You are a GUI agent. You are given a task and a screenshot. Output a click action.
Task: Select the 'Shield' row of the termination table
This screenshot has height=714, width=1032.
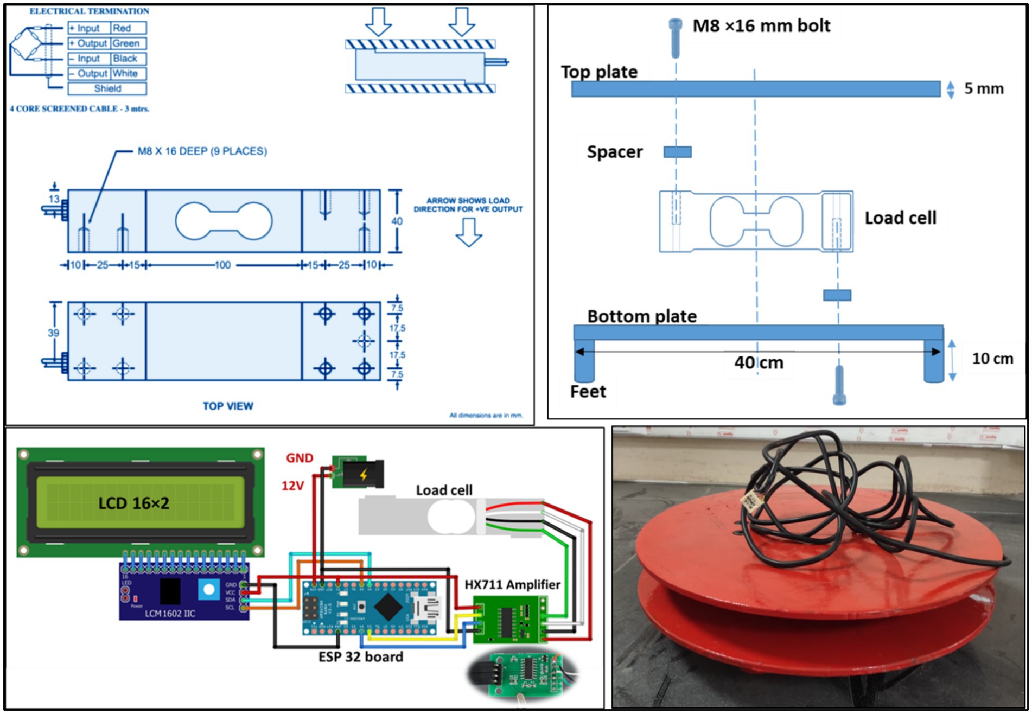pyautogui.click(x=107, y=88)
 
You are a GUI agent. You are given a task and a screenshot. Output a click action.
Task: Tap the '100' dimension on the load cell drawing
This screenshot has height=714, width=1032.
pyautogui.click(x=223, y=265)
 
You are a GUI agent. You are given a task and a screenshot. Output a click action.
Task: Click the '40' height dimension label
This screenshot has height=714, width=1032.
pyautogui.click(x=397, y=221)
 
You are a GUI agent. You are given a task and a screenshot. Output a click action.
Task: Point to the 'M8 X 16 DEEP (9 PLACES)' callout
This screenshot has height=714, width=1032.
pyautogui.click(x=202, y=151)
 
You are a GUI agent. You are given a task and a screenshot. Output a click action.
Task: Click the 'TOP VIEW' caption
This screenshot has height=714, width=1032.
pyautogui.click(x=228, y=406)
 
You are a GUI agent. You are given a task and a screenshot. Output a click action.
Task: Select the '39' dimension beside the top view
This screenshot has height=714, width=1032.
pyautogui.click(x=53, y=333)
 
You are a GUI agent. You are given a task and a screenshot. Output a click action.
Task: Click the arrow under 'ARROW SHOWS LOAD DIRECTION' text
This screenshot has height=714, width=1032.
pyautogui.click(x=468, y=232)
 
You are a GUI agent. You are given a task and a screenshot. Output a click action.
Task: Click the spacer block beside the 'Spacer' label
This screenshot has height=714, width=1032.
pyautogui.click(x=678, y=152)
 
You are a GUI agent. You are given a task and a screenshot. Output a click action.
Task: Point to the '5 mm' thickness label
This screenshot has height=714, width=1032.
pyautogui.click(x=983, y=89)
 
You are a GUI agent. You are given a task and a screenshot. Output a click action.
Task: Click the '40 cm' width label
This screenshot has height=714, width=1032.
pyautogui.click(x=759, y=362)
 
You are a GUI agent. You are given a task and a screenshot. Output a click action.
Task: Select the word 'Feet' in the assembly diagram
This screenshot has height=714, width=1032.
pyautogui.click(x=588, y=391)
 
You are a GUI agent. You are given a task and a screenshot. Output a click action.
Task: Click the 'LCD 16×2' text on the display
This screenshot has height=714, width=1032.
pyautogui.click(x=133, y=503)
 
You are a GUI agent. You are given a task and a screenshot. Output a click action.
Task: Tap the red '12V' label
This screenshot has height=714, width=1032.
pyautogui.click(x=292, y=486)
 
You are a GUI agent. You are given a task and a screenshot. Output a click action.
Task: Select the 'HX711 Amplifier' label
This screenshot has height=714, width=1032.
pyautogui.click(x=512, y=584)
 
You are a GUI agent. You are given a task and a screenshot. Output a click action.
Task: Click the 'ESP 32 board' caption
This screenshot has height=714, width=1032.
pyautogui.click(x=361, y=656)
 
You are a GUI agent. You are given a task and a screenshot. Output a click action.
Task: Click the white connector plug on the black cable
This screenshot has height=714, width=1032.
pyautogui.click(x=752, y=501)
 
